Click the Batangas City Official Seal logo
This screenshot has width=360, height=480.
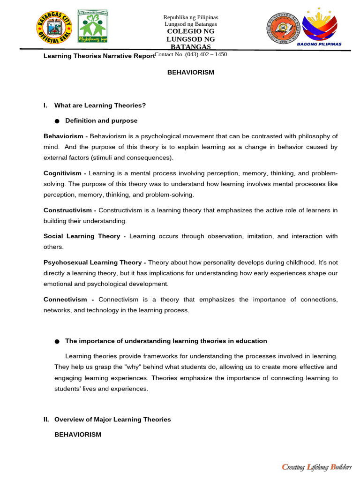[55, 27]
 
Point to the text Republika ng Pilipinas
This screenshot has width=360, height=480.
[190, 17]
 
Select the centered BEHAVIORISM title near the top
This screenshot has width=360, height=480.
[191, 72]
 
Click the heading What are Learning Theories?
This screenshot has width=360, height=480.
[100, 105]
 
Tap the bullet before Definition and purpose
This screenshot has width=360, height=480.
[57, 121]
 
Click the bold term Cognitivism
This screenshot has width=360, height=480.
[65, 173]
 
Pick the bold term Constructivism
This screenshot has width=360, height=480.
[70, 210]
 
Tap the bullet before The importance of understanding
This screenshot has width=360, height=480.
[57, 341]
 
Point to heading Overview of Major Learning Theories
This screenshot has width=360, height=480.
[112, 420]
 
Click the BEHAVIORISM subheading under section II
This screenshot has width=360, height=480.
[78, 435]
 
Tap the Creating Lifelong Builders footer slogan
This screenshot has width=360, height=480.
[316, 466]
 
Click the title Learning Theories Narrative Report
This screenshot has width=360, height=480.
[98, 56]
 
